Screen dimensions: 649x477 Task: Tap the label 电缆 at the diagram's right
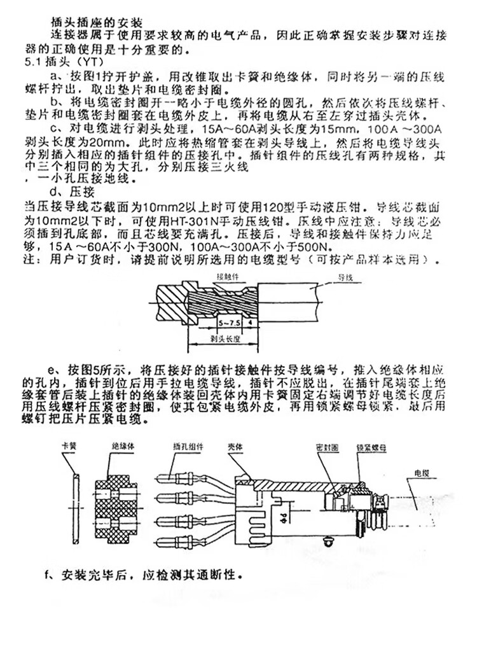(x=422, y=475)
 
